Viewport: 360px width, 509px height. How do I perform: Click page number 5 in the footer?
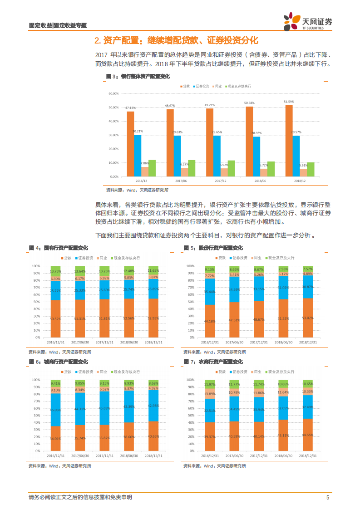(x=327, y=498)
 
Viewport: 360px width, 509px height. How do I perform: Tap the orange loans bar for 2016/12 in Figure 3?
(x=130, y=144)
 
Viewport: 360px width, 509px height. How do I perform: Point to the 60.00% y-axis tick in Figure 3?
(x=113, y=93)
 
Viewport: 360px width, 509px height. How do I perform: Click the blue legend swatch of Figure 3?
(x=194, y=86)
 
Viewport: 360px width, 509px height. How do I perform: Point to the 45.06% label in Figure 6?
(x=55, y=410)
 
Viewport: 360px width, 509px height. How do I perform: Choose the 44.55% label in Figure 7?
(x=308, y=435)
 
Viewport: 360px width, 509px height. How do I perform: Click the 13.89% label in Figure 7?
(x=210, y=394)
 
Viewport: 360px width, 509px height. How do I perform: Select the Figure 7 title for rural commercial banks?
(x=213, y=362)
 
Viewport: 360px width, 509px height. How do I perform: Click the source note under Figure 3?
(x=137, y=190)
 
